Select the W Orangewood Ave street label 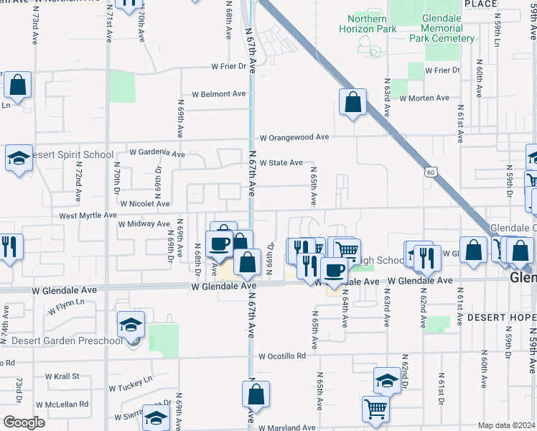pos(294,137)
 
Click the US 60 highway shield pos(430,172)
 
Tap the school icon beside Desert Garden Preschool pos(131,325)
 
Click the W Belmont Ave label pos(218,94)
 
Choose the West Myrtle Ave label pos(88,215)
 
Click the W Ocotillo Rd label pos(282,356)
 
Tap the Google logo pos(24,422)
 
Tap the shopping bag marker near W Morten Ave pos(353,103)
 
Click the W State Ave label pos(281,163)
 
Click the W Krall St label pos(62,376)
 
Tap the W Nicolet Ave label pos(144,204)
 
